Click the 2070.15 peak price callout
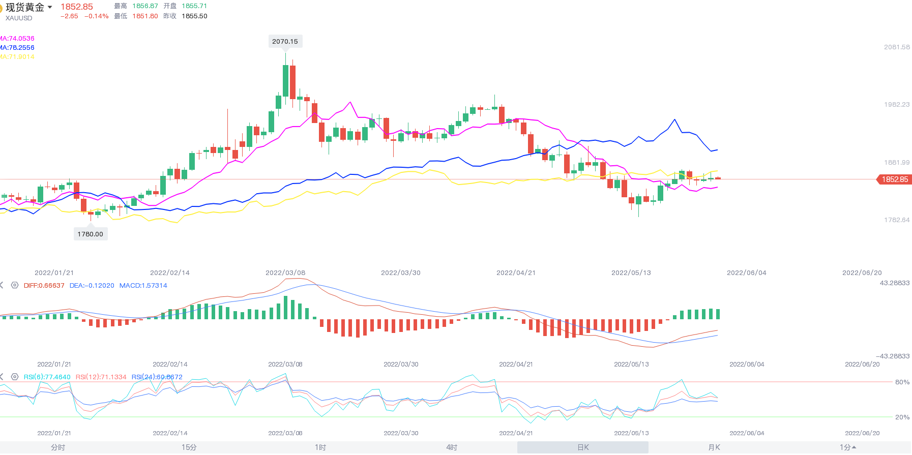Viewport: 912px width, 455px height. point(285,41)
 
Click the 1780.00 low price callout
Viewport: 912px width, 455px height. point(91,234)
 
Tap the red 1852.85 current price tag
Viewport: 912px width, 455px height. point(894,179)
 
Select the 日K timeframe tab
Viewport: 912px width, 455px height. point(583,447)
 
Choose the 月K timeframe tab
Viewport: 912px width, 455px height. point(714,447)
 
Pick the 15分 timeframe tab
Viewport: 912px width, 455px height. point(189,447)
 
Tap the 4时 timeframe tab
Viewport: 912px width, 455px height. point(452,447)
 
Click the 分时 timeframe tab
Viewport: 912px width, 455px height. point(58,447)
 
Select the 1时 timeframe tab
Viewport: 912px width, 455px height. point(320,447)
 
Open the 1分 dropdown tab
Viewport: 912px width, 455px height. point(847,447)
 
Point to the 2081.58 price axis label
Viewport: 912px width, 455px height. point(897,47)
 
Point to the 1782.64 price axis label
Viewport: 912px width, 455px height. point(897,220)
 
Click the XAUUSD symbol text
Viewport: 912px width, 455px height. point(19,18)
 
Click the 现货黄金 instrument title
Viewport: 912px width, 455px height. point(25,7)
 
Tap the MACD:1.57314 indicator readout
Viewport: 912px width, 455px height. point(143,285)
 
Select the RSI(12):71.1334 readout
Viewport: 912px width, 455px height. point(101,377)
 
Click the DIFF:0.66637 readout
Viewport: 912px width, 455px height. point(44,285)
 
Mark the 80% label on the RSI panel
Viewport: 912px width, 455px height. point(902,382)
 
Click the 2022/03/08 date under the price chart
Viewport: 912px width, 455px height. point(285,272)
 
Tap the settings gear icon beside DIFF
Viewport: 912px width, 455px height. point(15,285)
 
